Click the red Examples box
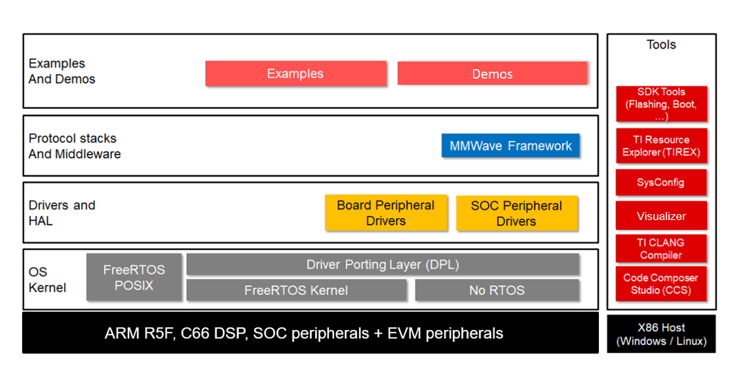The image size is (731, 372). pos(296,74)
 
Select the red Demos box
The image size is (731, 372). pos(492,74)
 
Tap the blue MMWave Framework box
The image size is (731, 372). pos(510,146)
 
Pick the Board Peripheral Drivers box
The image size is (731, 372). pos(386,213)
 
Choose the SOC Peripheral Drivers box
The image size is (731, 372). pos(516,214)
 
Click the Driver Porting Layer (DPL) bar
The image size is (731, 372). pos(382,265)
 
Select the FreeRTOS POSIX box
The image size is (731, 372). pos(134,277)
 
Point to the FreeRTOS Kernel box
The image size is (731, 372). pos(296,290)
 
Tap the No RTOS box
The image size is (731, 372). pos(497,290)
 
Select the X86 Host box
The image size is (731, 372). pos(661,334)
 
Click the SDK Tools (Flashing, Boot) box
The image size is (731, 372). pos(661,104)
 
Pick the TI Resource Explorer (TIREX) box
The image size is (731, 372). pos(661,146)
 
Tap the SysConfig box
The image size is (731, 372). pos(661,183)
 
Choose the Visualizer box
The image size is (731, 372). pos(661,216)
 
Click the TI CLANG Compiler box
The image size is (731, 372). pos(661,249)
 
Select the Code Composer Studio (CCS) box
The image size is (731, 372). pos(661,284)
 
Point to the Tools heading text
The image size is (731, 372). pos(661,45)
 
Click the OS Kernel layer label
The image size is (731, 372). pos(47,280)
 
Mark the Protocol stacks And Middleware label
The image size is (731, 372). pos(74,146)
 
